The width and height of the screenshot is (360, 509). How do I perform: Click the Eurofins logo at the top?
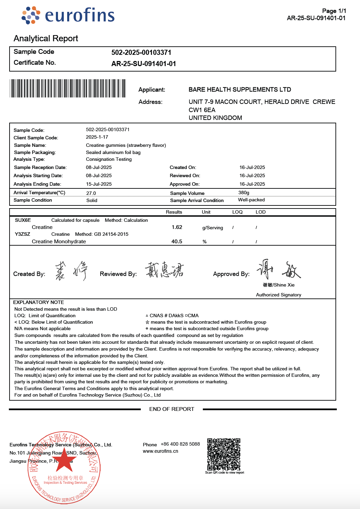pyautogui.click(x=68, y=15)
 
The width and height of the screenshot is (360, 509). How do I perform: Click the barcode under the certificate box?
pyautogui.click(x=67, y=89)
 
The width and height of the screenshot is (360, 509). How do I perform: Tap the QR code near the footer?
pyautogui.click(x=224, y=454)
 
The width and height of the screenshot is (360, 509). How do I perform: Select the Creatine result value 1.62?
pyautogui.click(x=177, y=227)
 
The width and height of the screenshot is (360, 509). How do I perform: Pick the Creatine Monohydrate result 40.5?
pyautogui.click(x=177, y=242)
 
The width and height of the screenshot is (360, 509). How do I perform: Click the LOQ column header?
pyautogui.click(x=237, y=212)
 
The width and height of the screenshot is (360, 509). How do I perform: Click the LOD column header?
pyautogui.click(x=260, y=212)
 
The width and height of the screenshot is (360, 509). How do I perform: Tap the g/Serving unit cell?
pyautogui.click(x=213, y=228)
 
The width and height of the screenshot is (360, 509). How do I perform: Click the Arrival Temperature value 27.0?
pyautogui.click(x=91, y=193)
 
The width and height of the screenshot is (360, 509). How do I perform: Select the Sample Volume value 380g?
pyautogui.click(x=244, y=192)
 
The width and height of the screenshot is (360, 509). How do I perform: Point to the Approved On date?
pyautogui.click(x=252, y=184)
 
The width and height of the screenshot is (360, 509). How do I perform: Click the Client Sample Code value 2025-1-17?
pyautogui.click(x=97, y=137)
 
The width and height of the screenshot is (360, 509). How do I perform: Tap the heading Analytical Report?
pyautogui.click(x=46, y=38)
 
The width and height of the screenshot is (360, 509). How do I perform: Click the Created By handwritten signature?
pyautogui.click(x=71, y=271)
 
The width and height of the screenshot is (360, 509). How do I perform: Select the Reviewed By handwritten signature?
pyautogui.click(x=164, y=270)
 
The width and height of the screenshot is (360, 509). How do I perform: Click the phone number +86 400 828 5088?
pyautogui.click(x=180, y=444)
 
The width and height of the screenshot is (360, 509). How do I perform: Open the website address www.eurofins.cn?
pyautogui.click(x=161, y=451)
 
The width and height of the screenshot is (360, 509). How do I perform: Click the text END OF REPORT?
pyautogui.click(x=172, y=409)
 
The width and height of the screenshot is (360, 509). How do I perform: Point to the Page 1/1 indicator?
pyautogui.click(x=334, y=11)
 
